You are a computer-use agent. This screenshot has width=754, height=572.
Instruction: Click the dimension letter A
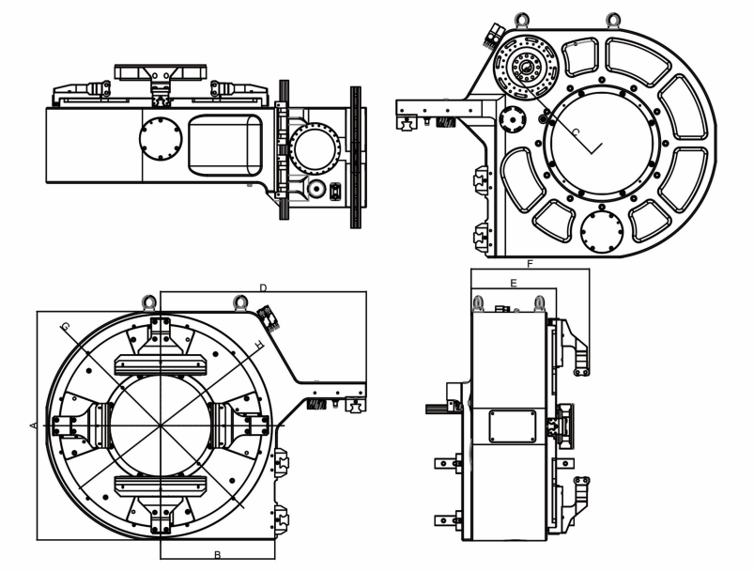[33, 425]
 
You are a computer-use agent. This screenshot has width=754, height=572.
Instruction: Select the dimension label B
[217, 554]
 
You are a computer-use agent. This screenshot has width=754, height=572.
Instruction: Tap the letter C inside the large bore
[576, 132]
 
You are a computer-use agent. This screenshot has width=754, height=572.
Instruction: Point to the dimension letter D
[264, 286]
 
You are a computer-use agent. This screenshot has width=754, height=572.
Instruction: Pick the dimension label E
[513, 282]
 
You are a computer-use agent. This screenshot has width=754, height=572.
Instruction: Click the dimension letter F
[530, 265]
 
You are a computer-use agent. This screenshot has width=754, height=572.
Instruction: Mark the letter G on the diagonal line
[65, 326]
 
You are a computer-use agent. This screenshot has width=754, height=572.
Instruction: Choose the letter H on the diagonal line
[258, 346]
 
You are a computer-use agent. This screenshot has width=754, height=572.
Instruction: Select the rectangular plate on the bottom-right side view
[513, 425]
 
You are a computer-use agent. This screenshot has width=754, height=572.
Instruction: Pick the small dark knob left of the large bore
[513, 119]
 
